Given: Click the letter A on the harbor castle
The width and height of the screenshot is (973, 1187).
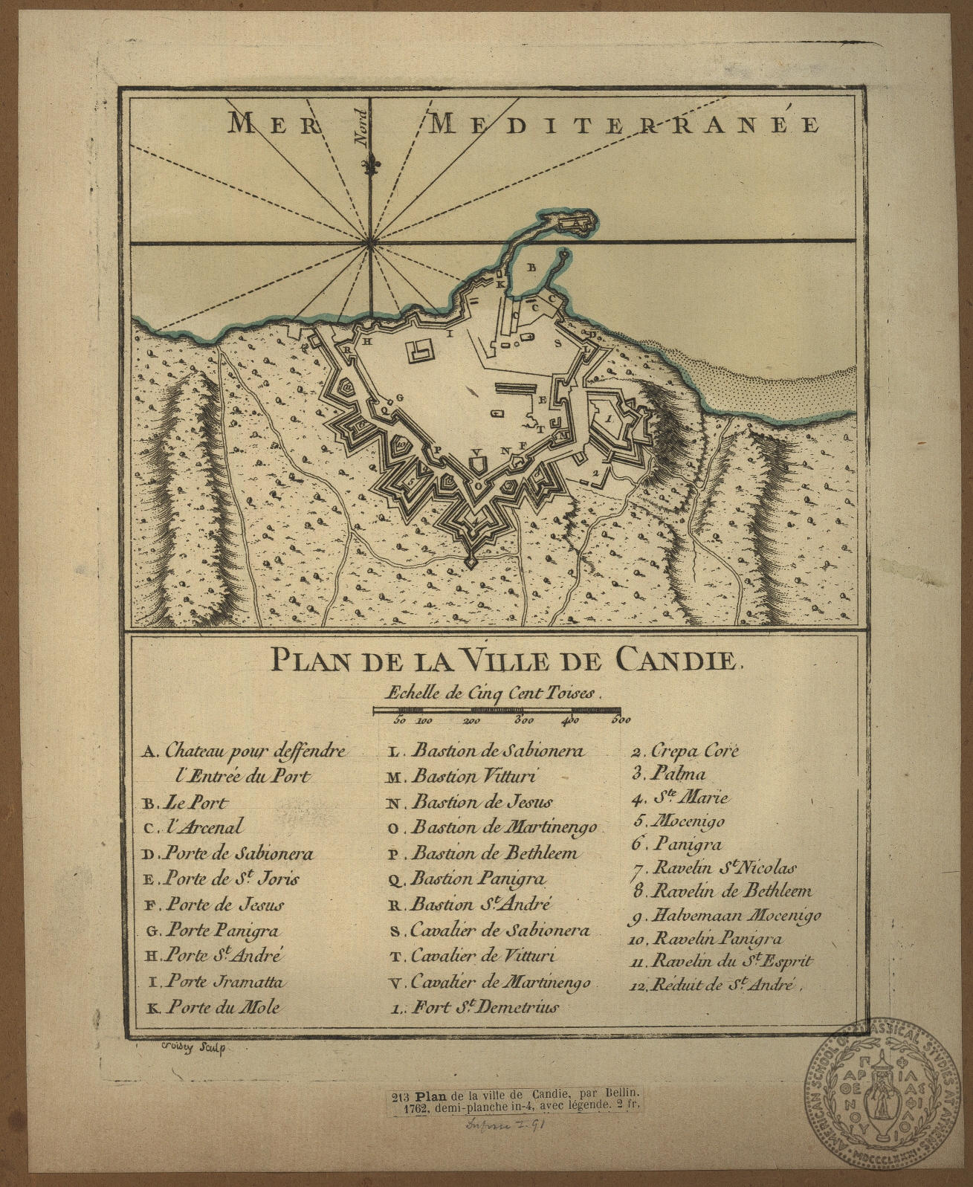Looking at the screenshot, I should point(574,221).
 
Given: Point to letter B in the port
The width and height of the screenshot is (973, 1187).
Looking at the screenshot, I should point(531,265).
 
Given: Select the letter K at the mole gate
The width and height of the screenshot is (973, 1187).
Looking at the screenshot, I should point(500,284).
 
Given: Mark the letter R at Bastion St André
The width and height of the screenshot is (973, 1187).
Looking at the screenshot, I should point(346,349).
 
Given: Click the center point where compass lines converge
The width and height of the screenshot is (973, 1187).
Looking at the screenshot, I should point(369,242).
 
